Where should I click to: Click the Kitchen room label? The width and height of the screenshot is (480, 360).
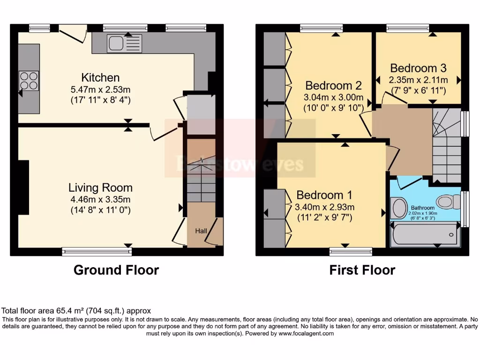[x=100, y=77]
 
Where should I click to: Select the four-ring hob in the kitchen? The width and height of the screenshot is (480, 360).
[x=29, y=80]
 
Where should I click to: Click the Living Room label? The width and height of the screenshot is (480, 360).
[x=100, y=188]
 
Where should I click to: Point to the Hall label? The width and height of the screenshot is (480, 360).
[x=201, y=231]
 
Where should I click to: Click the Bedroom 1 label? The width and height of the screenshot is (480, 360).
[x=324, y=195]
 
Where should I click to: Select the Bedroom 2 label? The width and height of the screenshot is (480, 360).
[x=333, y=86]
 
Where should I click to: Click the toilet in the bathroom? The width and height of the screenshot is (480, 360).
[x=450, y=202]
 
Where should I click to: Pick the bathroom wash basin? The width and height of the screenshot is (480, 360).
[x=399, y=208]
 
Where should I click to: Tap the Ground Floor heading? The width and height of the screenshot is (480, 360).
[x=116, y=270]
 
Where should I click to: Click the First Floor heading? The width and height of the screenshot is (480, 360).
[x=362, y=270]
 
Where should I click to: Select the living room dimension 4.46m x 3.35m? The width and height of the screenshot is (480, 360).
[x=100, y=200]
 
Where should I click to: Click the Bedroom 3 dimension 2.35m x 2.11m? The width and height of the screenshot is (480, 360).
[x=418, y=80]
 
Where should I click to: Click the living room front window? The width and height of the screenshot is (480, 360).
[x=97, y=252]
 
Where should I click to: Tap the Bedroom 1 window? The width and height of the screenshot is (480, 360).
[x=351, y=252]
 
